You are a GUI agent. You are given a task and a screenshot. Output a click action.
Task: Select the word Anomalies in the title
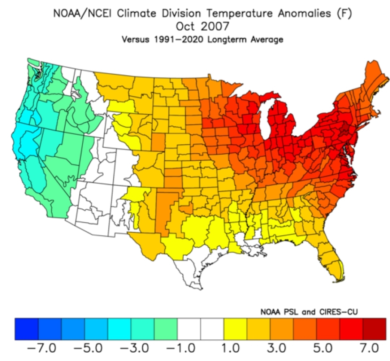click(304, 13)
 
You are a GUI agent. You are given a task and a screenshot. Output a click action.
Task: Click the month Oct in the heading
click(185, 26)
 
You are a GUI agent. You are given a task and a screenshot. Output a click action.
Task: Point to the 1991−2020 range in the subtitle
click(179, 40)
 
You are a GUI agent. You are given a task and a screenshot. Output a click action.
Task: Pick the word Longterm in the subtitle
click(227, 40)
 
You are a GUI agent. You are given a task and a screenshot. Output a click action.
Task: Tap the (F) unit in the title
click(344, 13)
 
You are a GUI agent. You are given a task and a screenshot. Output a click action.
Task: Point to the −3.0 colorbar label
click(134, 348)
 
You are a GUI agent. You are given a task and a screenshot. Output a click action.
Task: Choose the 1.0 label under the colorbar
click(230, 348)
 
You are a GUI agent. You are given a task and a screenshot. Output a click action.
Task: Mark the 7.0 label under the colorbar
click(370, 348)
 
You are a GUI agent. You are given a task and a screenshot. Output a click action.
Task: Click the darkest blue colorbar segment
click(27, 329)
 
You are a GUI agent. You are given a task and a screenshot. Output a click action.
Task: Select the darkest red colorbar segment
click(374, 329)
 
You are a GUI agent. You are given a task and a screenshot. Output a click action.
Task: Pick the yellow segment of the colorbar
click(235, 329)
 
